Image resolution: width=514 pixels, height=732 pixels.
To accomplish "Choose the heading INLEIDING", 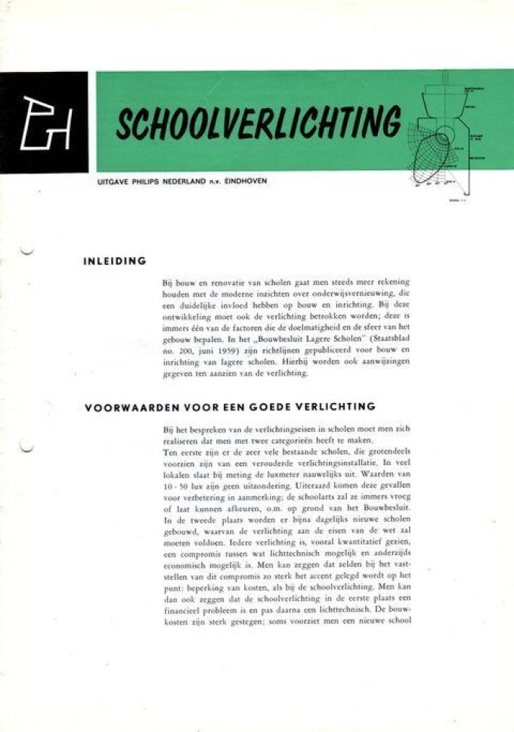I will coord(114,262).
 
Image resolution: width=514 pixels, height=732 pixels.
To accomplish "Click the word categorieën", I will coord(302,440).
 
